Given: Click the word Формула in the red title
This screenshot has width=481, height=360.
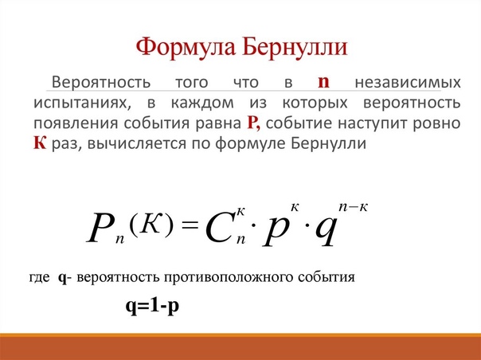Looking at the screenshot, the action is click(x=185, y=48).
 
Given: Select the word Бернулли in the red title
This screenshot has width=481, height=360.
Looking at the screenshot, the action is click(x=295, y=47).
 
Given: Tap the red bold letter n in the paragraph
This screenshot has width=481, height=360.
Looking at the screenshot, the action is click(x=323, y=82).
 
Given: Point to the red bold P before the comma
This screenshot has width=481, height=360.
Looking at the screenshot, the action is click(x=253, y=123).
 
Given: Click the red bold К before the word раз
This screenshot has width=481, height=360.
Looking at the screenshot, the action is click(x=40, y=143).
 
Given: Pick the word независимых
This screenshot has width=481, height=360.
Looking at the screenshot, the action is click(x=408, y=82).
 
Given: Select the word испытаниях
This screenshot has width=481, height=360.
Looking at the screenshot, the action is click(x=82, y=103).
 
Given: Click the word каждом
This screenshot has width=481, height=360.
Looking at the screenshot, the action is click(x=202, y=103).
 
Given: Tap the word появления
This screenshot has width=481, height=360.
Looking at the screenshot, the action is click(x=75, y=123).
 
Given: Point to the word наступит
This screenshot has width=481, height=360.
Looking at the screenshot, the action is click(x=373, y=123).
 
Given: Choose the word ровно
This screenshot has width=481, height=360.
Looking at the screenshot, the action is click(x=437, y=123).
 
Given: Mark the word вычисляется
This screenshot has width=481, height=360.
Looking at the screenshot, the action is click(x=136, y=143).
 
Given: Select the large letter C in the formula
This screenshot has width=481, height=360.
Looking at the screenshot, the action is click(x=218, y=229).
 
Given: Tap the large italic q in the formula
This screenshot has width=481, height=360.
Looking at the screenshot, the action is click(x=326, y=231).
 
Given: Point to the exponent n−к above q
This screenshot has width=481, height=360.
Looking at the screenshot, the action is click(x=353, y=207).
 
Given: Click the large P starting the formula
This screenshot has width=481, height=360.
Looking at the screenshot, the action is click(x=100, y=228).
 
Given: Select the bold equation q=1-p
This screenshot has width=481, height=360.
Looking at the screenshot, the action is click(x=152, y=306).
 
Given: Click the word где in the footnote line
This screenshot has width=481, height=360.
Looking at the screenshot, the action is click(x=40, y=277).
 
